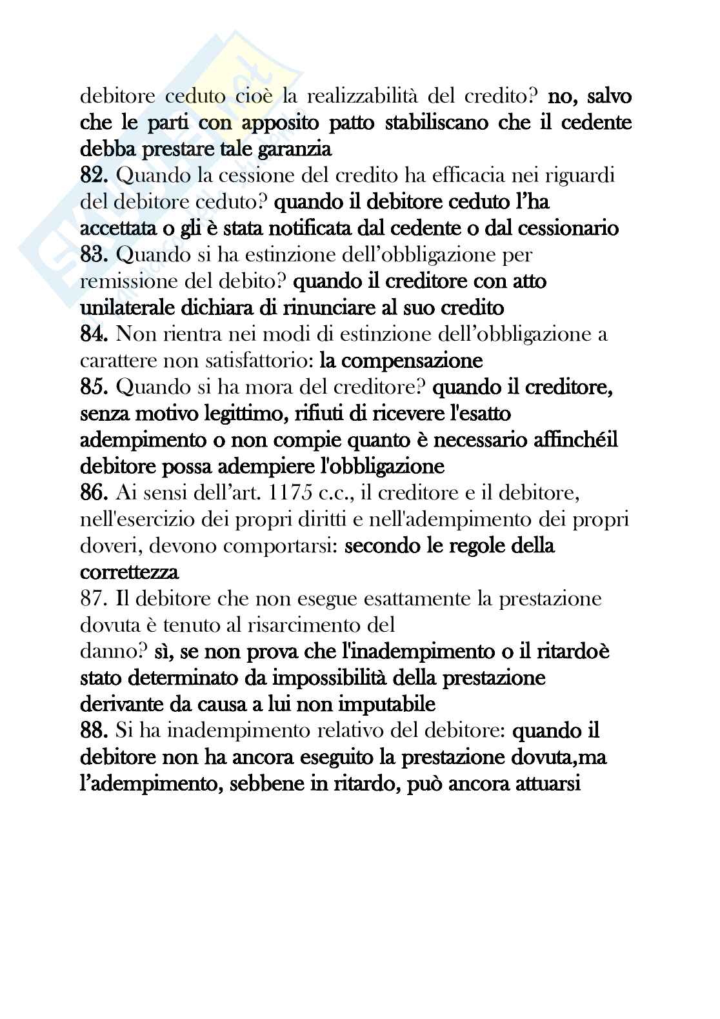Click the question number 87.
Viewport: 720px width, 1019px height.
(x=95, y=599)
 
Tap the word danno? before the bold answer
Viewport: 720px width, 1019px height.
(x=115, y=652)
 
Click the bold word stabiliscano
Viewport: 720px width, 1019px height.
(x=437, y=123)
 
